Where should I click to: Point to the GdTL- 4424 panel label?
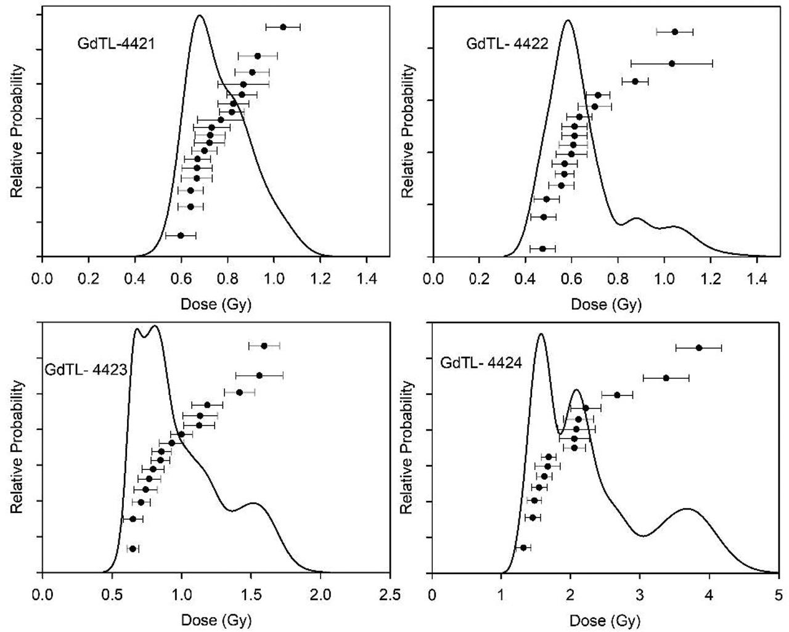[x=481, y=363]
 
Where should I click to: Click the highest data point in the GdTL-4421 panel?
[x=283, y=27]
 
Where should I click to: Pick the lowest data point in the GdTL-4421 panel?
[x=181, y=235]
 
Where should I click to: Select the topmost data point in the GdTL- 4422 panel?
[x=675, y=31]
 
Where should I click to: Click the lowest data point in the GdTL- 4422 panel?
[x=542, y=249]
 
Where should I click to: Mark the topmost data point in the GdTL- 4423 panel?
[x=264, y=346]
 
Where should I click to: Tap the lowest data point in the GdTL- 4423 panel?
[x=133, y=548]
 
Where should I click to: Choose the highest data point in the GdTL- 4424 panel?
[x=698, y=348]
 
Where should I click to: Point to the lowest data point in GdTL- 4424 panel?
[x=523, y=548]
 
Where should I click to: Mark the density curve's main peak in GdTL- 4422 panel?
[x=568, y=20]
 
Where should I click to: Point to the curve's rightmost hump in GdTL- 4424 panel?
[x=687, y=509]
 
